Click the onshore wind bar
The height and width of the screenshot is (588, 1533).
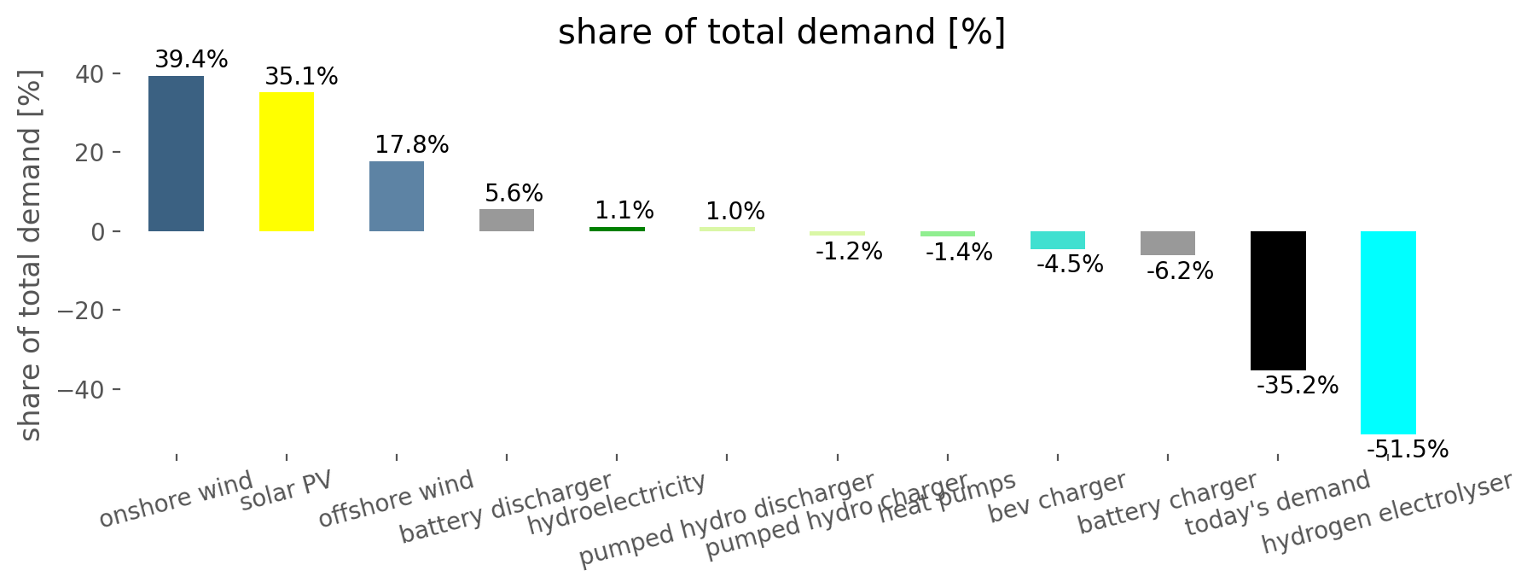pos(176,154)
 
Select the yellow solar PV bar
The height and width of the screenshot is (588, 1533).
pos(286,161)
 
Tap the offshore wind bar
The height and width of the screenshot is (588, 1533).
pos(397,196)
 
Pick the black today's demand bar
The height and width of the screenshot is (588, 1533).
pos(1278,300)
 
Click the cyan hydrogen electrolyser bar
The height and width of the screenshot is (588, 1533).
pos(1388,333)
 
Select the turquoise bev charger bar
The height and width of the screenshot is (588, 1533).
pos(1057,240)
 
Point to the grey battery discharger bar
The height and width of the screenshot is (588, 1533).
pos(507,220)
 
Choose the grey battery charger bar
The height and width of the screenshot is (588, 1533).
pos(1167,243)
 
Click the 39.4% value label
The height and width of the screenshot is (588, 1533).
pos(191,60)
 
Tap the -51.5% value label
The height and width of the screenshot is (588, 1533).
pos(1407,449)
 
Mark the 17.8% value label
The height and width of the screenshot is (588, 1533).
pos(411,144)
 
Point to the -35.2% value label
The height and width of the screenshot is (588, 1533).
pos(1297,386)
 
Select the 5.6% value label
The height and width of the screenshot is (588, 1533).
pos(514,193)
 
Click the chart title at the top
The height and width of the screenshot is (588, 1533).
pos(781,32)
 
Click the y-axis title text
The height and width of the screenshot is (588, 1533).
pos(31,256)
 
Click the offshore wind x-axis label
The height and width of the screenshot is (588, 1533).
pos(396,499)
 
